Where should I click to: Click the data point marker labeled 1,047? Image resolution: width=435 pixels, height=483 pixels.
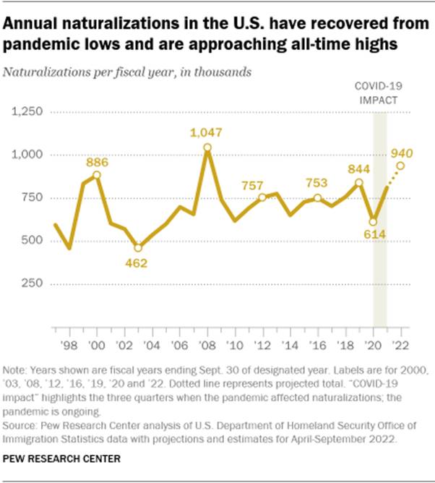(x=207, y=148)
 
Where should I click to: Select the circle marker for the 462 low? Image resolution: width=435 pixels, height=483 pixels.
(x=138, y=248)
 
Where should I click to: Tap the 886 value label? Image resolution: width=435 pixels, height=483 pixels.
(x=96, y=162)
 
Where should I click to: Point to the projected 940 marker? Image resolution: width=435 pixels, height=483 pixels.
(x=400, y=166)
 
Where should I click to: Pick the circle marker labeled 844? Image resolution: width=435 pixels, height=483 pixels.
(x=359, y=182)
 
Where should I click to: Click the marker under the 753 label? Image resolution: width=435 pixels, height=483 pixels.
(x=317, y=198)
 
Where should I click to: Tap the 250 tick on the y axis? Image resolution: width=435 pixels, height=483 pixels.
(x=33, y=283)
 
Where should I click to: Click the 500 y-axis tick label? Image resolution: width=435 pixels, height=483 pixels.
(x=33, y=240)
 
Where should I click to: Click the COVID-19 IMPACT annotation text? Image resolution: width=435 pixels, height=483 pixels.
(x=379, y=93)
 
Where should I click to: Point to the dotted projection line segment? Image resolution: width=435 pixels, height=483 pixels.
(x=394, y=176)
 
